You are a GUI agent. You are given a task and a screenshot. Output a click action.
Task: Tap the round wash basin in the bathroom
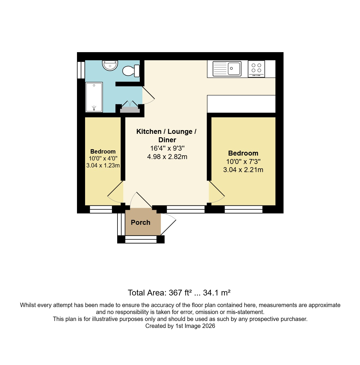pyautogui.click(x=110, y=65)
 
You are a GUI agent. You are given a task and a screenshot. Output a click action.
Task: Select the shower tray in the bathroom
pyautogui.click(x=94, y=97)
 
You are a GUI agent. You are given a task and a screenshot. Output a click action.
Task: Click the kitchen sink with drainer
pyautogui.click(x=227, y=69)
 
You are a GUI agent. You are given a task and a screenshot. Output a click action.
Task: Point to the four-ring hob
pyautogui.click(x=256, y=69)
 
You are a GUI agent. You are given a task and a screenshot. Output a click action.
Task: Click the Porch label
pyautogui.click(x=141, y=222)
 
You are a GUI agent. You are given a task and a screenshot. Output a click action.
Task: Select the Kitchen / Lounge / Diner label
pyautogui.click(x=167, y=136)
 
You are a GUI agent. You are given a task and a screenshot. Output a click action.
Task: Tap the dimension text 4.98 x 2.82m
pyautogui.click(x=167, y=157)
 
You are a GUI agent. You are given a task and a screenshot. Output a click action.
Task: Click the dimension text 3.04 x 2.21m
pyautogui.click(x=243, y=170)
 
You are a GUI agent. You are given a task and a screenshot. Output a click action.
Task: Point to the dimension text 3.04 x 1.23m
pyautogui.click(x=103, y=165)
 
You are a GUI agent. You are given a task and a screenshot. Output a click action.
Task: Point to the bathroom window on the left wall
pyautogui.click(x=81, y=70)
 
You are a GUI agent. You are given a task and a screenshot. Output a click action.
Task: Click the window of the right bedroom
pyautogui.click(x=243, y=209)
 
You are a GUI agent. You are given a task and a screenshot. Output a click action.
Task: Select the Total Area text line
pyautogui.click(x=179, y=293)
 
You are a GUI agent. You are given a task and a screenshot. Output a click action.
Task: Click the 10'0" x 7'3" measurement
pyautogui.click(x=243, y=162)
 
